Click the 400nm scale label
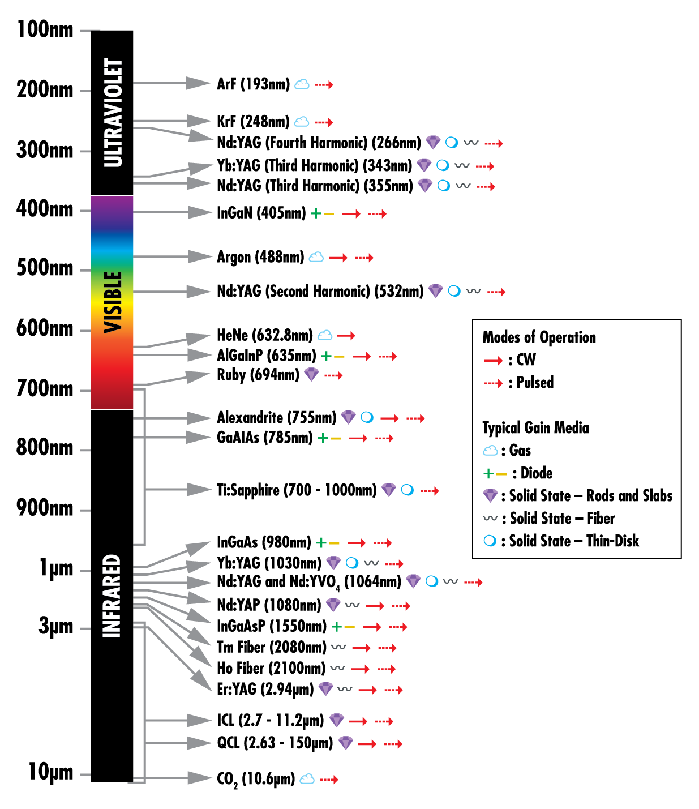pos(45,209)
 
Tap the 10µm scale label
pos(50,772)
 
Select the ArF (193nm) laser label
pos(253,84)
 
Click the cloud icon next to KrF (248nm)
pos(302,122)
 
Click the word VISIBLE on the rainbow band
pos(113,302)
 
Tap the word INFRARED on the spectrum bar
pos(112,596)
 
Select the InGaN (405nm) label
pos(261,213)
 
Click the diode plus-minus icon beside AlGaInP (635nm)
pos(333,356)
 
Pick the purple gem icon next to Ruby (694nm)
pos(311,374)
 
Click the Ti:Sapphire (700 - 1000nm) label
pos(297,490)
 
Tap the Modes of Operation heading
pos(539,337)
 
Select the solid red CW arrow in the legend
pos(494,361)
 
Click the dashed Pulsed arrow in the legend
pos(494,383)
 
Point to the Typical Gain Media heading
pos(535,428)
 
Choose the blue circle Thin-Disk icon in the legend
pos(490,541)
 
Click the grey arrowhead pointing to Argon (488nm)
pos(200,256)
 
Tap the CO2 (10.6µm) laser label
pos(256,780)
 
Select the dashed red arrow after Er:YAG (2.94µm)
pos(394,690)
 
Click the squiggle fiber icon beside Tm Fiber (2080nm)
pos(338,647)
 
